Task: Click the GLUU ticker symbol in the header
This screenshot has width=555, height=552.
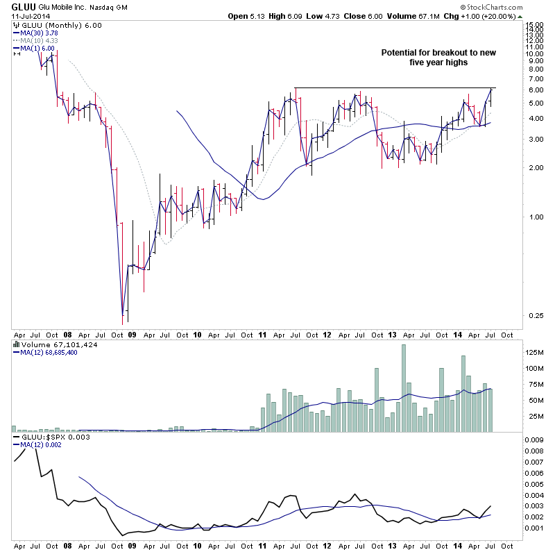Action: tap(14, 6)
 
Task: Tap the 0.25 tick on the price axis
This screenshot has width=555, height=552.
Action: tap(531, 315)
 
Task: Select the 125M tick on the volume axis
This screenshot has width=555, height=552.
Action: tap(533, 352)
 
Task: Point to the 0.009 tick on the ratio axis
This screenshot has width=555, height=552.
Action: tap(533, 439)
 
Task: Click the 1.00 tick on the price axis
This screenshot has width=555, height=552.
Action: tap(531, 217)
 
